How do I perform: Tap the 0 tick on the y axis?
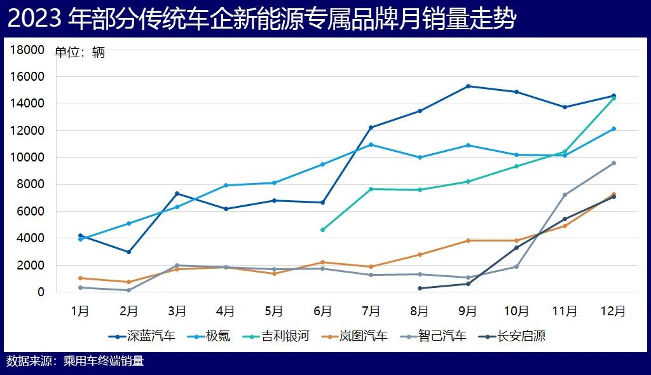tap(41, 292)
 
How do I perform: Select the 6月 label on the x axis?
tap(323, 311)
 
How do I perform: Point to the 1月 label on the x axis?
tap(80, 311)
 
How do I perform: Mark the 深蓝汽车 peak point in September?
tap(468, 86)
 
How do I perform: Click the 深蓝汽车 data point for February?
tap(128, 252)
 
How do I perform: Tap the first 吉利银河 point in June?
tap(322, 229)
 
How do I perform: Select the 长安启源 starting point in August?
tap(420, 288)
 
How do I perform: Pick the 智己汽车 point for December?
tap(613, 163)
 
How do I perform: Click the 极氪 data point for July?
tap(371, 144)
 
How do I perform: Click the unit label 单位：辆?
tap(79, 53)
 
